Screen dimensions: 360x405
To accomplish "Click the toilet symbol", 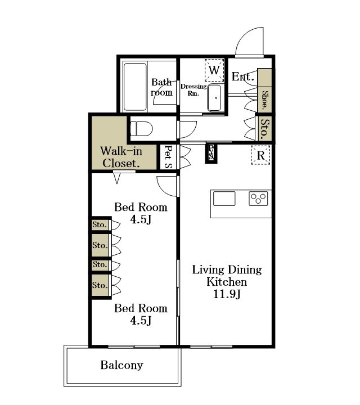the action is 141,128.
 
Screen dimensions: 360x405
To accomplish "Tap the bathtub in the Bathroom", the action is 135,87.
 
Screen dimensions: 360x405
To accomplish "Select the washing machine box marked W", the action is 214,70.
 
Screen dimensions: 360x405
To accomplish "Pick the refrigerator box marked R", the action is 260,155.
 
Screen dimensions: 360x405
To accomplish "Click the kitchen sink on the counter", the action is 224,199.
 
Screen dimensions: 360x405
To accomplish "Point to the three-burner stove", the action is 258,199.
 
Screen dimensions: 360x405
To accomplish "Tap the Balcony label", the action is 121,365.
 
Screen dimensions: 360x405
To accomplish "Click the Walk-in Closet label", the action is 121,157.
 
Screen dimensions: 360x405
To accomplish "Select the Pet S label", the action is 168,157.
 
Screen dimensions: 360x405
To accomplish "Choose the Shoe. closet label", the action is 264,100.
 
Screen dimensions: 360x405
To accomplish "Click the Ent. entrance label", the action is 243,76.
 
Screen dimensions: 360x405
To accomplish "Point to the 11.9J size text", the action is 227,294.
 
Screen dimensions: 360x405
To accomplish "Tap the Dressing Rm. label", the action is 193,90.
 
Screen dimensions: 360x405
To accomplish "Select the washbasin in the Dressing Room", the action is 214,98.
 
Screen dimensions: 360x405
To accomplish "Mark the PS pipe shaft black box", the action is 211,154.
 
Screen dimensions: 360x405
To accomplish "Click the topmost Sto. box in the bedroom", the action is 100,224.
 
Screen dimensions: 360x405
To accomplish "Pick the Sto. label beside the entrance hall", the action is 264,129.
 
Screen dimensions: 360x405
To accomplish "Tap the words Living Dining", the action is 227,270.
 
